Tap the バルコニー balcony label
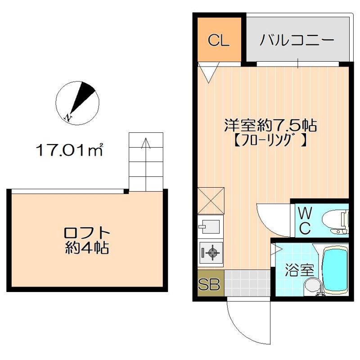[x=297, y=40]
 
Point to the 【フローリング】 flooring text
[x=271, y=140]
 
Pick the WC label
[x=304, y=220]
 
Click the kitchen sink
[x=210, y=226]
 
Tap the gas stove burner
[x=210, y=252]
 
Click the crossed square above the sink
[x=210, y=200]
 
